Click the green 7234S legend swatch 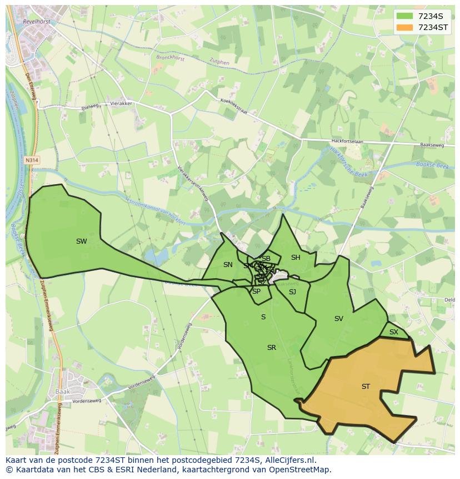(x=405, y=16)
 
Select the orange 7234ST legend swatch (x=405, y=27)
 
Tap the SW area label (x=82, y=241)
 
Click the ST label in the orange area (x=366, y=387)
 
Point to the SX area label (x=394, y=332)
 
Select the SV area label (x=339, y=319)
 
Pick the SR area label (x=272, y=348)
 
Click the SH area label (x=296, y=258)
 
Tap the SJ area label (x=292, y=292)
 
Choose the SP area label (x=256, y=292)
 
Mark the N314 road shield (x=32, y=160)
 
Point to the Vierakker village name (x=121, y=103)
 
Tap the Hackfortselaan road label (x=347, y=142)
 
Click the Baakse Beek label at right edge (x=432, y=165)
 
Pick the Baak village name (x=63, y=391)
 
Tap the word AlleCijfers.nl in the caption (x=288, y=460)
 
